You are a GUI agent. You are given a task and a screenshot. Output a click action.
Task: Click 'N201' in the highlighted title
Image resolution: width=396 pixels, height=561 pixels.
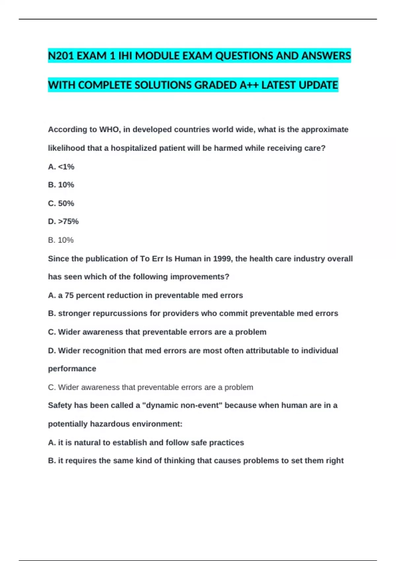(61, 56)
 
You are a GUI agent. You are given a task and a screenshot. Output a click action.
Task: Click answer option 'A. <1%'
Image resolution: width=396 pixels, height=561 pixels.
(61, 167)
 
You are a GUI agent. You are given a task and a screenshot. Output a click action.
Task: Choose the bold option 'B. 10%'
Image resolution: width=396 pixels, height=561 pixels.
(61, 185)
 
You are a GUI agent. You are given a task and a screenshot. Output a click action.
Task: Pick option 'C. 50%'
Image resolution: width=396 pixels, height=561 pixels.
(61, 203)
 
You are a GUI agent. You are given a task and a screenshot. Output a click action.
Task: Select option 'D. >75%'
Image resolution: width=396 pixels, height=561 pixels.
(63, 221)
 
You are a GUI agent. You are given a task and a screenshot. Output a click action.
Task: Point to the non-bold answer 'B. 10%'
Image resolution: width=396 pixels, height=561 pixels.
(61, 240)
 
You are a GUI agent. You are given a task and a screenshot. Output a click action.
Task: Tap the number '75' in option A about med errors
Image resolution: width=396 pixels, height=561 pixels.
(69, 295)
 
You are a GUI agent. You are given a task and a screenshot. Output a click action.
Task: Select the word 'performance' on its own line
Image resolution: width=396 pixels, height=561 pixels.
(72, 369)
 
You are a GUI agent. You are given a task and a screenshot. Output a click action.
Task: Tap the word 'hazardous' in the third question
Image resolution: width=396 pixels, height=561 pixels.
(108, 424)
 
